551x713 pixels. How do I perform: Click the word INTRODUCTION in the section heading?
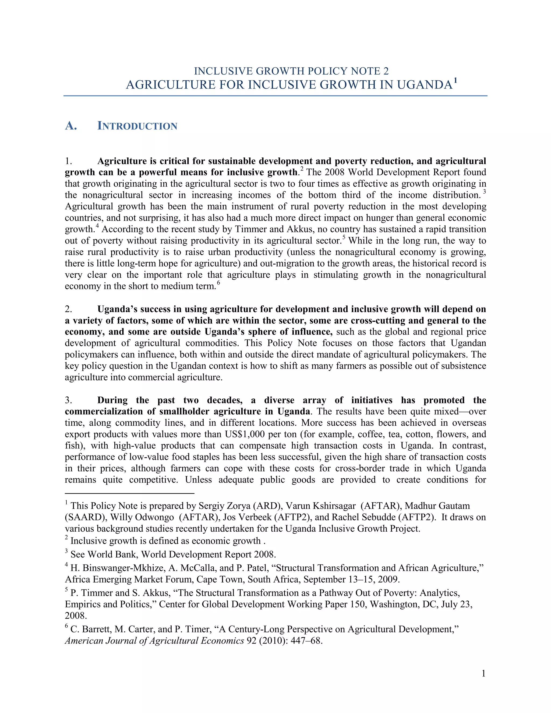137,126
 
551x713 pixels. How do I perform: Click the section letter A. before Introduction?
71,126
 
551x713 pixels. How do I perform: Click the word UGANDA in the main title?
425,85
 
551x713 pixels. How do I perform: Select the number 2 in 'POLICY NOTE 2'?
386,71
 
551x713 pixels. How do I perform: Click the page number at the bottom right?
483,673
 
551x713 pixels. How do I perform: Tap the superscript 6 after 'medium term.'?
218,283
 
